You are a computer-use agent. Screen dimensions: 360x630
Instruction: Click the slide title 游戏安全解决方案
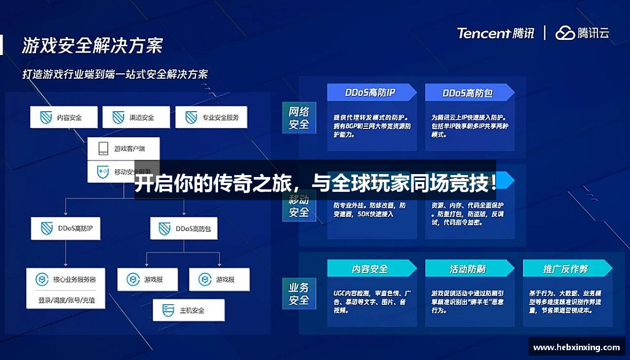[92, 46]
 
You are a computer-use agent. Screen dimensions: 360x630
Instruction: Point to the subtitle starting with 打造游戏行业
[115, 74]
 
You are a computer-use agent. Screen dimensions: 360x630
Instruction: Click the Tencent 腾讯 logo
[495, 33]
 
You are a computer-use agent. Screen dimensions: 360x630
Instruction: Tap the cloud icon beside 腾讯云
[565, 33]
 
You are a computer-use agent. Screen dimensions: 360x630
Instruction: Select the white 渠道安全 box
[136, 118]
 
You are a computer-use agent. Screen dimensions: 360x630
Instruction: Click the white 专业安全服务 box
[211, 118]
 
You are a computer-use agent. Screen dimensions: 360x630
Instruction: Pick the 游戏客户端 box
[124, 148]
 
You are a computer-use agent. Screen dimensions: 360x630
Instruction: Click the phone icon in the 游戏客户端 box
[103, 148]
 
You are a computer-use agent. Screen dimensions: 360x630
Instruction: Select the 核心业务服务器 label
[74, 280]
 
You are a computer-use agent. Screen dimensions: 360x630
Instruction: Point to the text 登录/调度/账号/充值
[67, 300]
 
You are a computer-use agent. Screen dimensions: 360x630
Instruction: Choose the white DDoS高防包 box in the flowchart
[184, 229]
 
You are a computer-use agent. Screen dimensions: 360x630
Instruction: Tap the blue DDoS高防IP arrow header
[371, 92]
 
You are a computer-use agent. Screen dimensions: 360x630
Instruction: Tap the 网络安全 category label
[299, 118]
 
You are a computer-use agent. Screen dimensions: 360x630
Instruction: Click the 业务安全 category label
[299, 293]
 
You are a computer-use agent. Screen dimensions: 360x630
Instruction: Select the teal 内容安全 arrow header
[371, 269]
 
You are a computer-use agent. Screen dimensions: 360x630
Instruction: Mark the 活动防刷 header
[468, 269]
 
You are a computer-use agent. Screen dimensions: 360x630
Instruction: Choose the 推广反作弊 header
[566, 269]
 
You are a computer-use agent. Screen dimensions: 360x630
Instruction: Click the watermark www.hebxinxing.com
[576, 347]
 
